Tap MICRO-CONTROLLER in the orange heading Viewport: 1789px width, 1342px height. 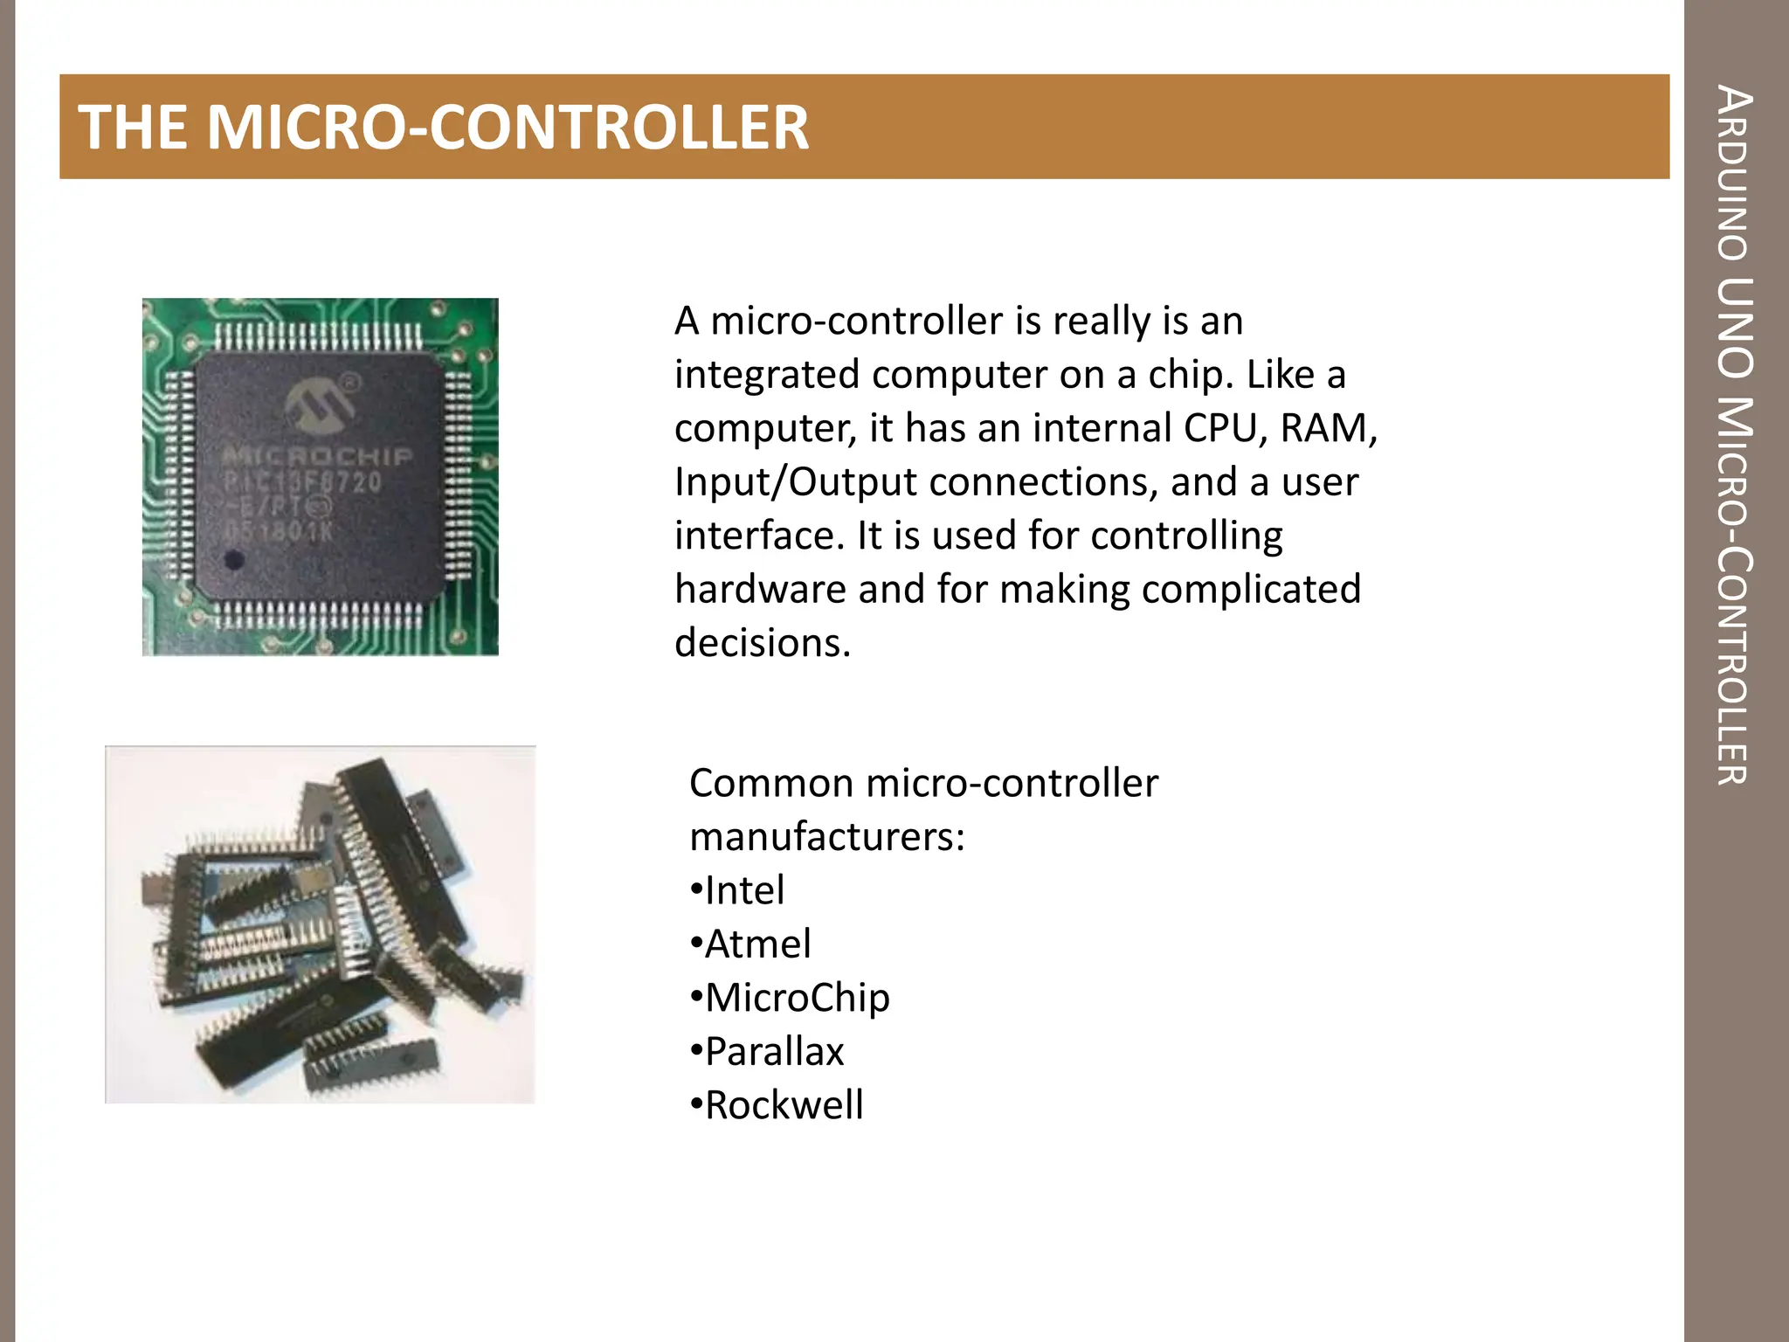tap(508, 128)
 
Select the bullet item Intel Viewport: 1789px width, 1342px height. tap(744, 890)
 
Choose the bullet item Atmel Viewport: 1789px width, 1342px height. tap(757, 944)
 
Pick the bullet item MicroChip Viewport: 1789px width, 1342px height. tap(797, 998)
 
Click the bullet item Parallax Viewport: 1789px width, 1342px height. tap(774, 1051)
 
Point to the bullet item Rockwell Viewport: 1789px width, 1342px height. tap(784, 1105)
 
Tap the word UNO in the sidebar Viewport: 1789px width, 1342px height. tap(1733, 328)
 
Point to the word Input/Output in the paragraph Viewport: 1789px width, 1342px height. tap(795, 481)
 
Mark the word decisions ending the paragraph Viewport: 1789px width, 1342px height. tap(762, 643)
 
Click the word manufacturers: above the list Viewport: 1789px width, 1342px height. tap(826, 837)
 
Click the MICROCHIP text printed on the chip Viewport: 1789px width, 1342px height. tap(316, 455)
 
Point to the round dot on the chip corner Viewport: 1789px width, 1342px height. tap(233, 559)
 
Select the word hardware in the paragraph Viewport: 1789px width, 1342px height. tap(760, 589)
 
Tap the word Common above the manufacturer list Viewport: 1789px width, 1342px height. tap(770, 783)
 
